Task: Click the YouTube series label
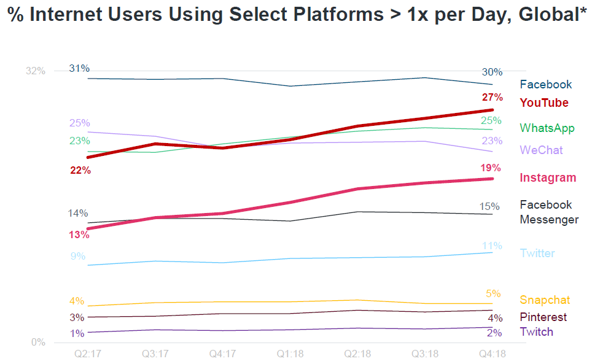tap(544, 103)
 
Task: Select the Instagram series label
tap(548, 178)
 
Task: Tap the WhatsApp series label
tap(547, 128)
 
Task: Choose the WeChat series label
tap(541, 150)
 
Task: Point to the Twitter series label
tap(537, 254)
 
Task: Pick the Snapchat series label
tap(545, 300)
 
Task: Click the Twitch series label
tap(536, 332)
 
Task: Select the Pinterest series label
tap(543, 317)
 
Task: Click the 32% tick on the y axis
tap(36, 71)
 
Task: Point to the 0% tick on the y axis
tap(39, 343)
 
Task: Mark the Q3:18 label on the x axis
tap(424, 355)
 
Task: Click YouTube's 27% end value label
tap(493, 98)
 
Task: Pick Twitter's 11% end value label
tap(492, 246)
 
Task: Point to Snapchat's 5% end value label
tap(493, 293)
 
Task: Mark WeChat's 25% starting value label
tap(80, 123)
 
